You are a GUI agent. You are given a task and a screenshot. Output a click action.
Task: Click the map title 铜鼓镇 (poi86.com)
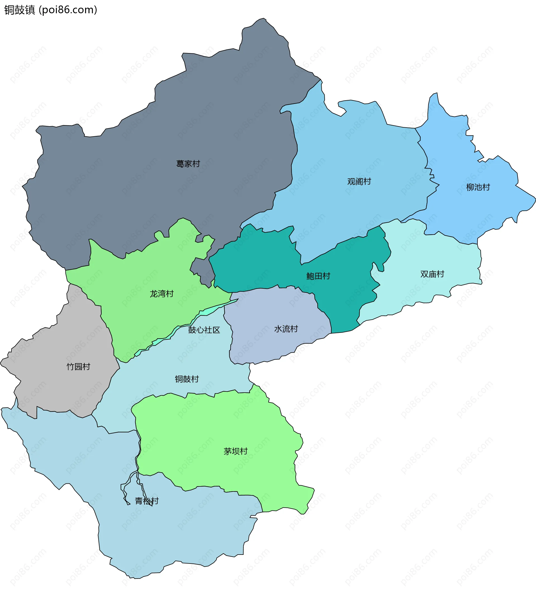(x=51, y=10)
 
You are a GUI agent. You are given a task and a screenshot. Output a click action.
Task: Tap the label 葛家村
(x=188, y=164)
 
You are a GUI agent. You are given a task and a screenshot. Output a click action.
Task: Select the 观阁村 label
(x=359, y=182)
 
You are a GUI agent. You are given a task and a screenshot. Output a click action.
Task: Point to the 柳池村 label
(x=478, y=187)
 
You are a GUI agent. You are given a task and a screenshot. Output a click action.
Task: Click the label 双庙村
(x=432, y=274)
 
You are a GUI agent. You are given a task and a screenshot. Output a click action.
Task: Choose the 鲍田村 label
(x=318, y=276)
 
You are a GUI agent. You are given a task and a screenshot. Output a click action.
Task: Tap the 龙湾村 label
(x=162, y=294)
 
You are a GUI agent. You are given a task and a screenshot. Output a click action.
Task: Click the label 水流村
(x=286, y=329)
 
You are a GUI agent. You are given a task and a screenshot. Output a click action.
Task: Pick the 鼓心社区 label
(x=204, y=330)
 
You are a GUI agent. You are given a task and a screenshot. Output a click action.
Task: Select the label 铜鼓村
(x=187, y=379)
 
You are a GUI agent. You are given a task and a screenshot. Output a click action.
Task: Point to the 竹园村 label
(x=78, y=366)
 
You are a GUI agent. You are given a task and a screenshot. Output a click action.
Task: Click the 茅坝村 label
(x=235, y=451)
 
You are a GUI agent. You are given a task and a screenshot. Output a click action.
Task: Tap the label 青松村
(x=147, y=501)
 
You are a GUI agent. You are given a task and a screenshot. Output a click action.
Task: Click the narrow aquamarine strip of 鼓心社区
(x=206, y=312)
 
